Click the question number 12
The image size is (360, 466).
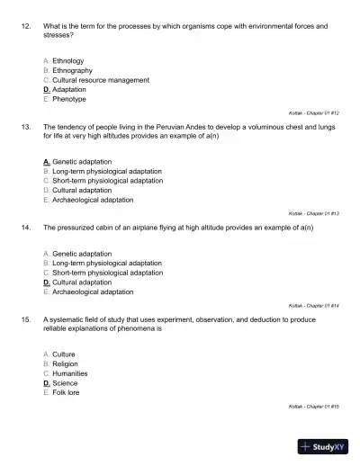[x=26, y=27]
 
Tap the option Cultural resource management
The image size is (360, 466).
[x=100, y=80]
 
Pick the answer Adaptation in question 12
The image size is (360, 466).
[x=69, y=90]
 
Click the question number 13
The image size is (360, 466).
[x=26, y=127]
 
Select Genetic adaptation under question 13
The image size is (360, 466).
[x=82, y=161]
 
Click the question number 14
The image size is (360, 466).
[x=26, y=228]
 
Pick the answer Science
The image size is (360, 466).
[x=65, y=382]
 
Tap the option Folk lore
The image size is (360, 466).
[x=65, y=392]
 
